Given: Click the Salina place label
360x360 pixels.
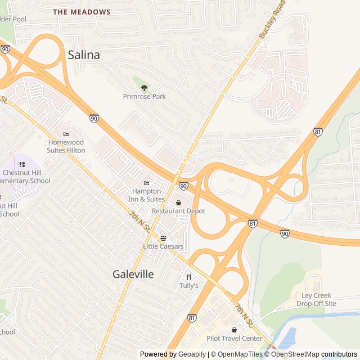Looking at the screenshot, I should point(84,55).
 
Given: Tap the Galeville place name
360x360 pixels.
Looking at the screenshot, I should point(133,274).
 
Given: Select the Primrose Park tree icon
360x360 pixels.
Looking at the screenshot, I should point(145,87).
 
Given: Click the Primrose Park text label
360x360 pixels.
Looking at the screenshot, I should point(145,97).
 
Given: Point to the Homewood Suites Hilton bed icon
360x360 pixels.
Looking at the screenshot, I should point(66,134).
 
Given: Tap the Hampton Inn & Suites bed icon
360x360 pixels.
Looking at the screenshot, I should point(147,183).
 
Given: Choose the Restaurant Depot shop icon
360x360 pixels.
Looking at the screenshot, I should point(179,202).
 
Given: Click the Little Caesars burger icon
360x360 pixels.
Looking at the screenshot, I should point(163,238).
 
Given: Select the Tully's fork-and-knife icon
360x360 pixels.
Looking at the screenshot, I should point(189,277).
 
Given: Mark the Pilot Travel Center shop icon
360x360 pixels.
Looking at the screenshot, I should point(234,330).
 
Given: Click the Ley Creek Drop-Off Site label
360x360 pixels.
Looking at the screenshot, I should point(316,300).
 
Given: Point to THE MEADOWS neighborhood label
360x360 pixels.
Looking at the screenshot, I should point(82,12).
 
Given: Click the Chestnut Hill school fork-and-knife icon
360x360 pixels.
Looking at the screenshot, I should point(22,164).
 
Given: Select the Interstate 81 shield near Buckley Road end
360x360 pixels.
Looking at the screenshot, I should point(318,132).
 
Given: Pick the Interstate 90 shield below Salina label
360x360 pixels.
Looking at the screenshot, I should point(94,118).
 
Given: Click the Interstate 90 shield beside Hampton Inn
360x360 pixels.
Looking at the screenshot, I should point(183,186).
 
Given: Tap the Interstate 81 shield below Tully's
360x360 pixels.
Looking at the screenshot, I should point(192,318).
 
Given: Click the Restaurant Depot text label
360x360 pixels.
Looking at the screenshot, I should point(178,211).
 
